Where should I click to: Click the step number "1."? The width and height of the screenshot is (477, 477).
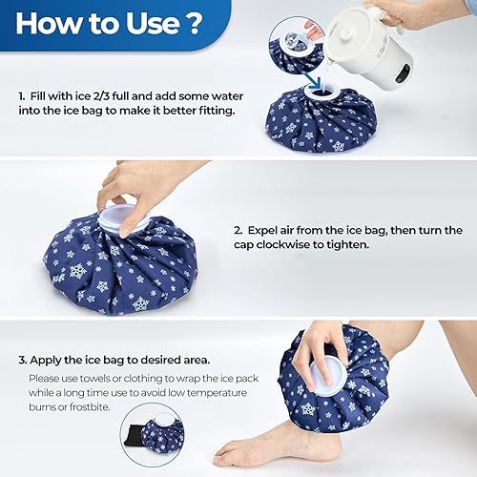click(22, 95)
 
